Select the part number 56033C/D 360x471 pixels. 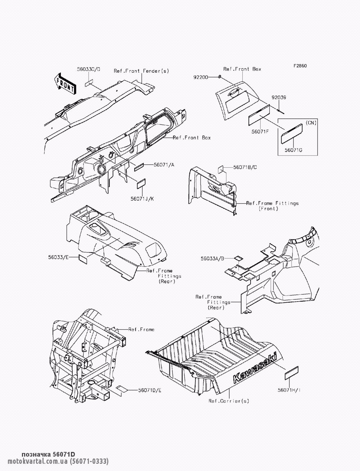[x=89, y=69]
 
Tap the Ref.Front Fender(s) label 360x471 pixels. [x=141, y=71]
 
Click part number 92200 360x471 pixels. [x=201, y=77]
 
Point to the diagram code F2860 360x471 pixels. [x=300, y=66]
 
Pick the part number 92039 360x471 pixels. [x=279, y=98]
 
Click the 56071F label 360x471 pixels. [x=260, y=132]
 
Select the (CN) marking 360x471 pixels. [x=311, y=123]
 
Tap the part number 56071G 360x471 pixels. [x=293, y=150]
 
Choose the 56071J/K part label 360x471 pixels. [x=142, y=199]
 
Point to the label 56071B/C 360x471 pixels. [x=245, y=167]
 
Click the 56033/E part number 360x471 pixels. [x=58, y=257]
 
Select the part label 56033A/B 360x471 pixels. [x=212, y=259]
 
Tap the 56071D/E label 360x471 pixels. [x=150, y=390]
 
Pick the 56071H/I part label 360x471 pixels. [x=289, y=390]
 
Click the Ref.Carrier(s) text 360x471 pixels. [x=229, y=401]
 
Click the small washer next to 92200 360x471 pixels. [x=220, y=77]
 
